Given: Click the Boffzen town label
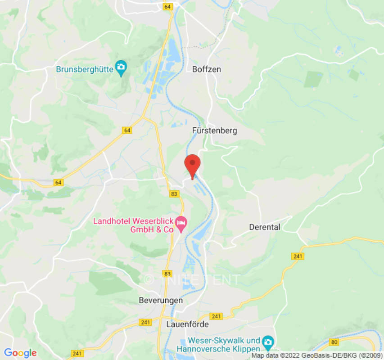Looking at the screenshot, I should (207, 69).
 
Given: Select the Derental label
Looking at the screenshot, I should (265, 227).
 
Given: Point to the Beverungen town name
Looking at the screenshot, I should (161, 300).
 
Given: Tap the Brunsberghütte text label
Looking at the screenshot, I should (85, 69).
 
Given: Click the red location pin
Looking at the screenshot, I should (193, 165).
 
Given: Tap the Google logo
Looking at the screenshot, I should (20, 353).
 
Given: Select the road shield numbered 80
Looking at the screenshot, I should (334, 342).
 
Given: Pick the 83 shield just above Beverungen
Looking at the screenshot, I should (167, 274).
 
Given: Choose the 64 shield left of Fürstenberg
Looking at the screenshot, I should (127, 130).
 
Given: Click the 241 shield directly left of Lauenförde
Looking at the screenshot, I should (145, 322).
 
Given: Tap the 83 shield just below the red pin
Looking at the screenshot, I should (174, 193).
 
